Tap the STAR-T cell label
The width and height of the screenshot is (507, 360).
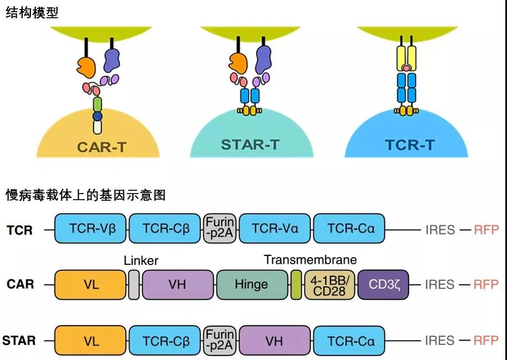(x=250, y=145)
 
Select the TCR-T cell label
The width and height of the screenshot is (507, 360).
(x=410, y=145)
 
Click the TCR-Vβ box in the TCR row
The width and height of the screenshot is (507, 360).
(x=91, y=229)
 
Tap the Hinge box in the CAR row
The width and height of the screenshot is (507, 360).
(x=251, y=285)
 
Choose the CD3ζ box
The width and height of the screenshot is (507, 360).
(x=385, y=285)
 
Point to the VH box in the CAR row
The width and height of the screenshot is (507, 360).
(x=178, y=285)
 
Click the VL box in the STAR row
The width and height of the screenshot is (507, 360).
(x=91, y=341)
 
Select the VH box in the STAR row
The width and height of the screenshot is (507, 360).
(x=275, y=341)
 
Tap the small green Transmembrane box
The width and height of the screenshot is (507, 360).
(x=296, y=285)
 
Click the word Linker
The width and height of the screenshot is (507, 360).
(x=141, y=260)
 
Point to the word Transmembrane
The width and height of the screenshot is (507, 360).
(x=311, y=260)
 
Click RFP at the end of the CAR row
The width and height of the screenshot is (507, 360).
(x=486, y=285)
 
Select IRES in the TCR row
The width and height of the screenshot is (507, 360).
(x=440, y=229)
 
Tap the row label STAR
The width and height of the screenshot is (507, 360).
(x=19, y=340)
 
